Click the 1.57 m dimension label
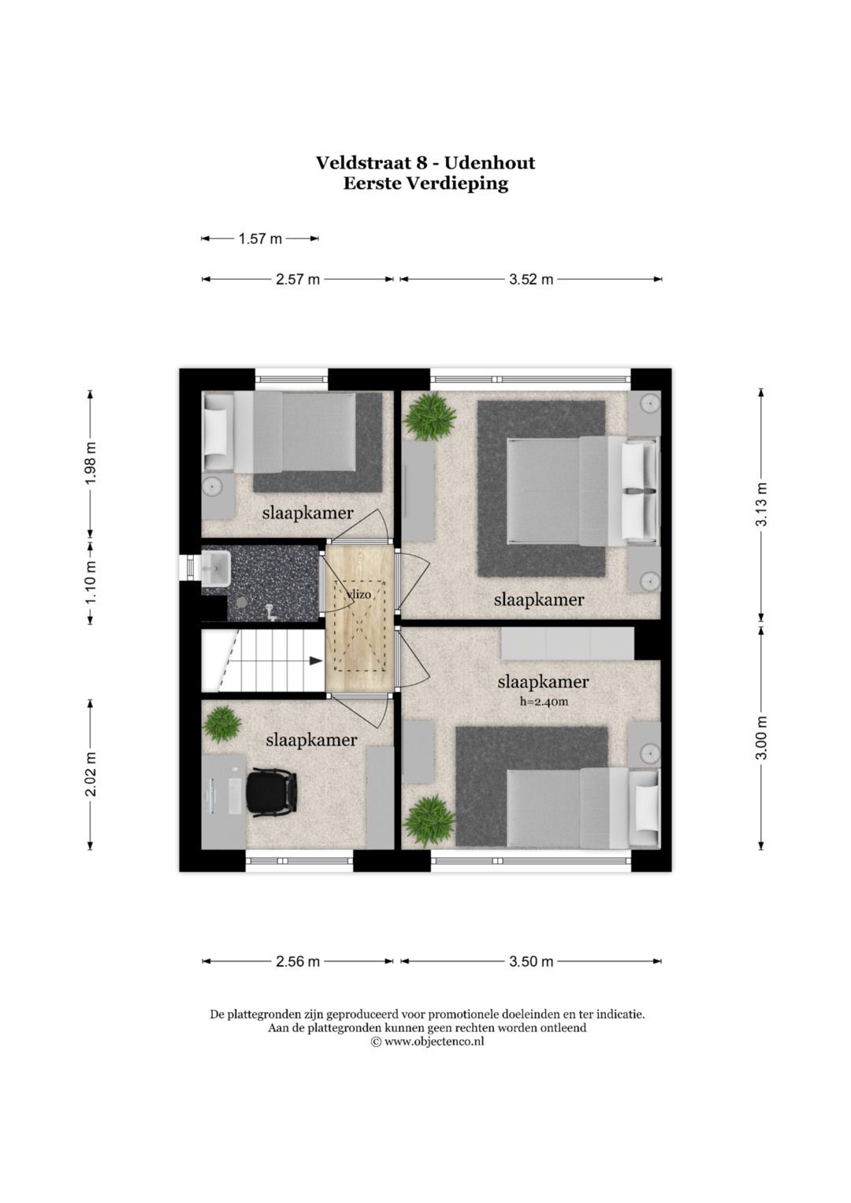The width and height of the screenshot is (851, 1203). coord(260,238)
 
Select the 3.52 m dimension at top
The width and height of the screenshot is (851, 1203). coord(530,279)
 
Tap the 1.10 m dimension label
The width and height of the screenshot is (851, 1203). coord(91,581)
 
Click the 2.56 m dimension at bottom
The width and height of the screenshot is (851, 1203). coord(298,961)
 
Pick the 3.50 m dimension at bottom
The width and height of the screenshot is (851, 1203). coord(530,961)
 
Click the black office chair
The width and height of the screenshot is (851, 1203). coord(271,791)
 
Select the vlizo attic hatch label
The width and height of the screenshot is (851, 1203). coord(358,594)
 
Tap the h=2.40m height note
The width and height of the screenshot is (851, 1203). coord(544,701)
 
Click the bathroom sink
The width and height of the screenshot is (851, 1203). coord(215,566)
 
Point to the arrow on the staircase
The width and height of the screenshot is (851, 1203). coord(315,661)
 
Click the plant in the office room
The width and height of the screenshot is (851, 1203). coord(223,723)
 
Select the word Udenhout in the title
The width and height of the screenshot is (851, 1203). coord(489,163)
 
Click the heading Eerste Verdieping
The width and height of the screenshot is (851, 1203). coord(425,184)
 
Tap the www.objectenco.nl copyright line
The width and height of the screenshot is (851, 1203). coord(427,1041)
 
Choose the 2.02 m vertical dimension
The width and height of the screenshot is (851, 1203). coord(91,774)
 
